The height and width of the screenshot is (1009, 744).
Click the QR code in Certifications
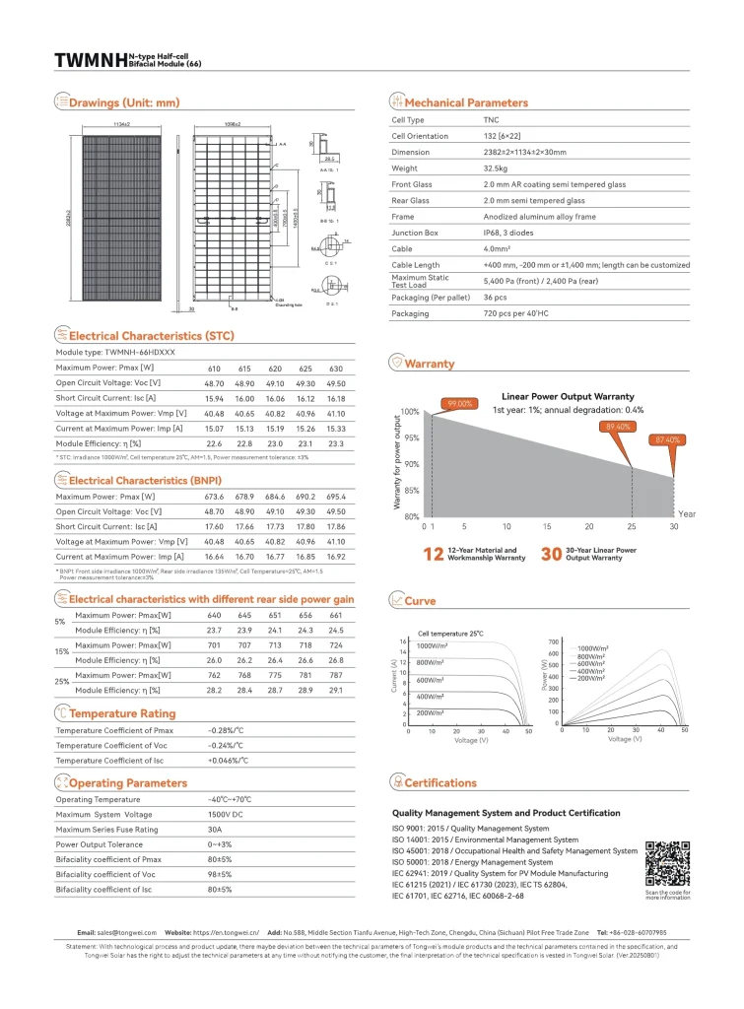click(x=667, y=863)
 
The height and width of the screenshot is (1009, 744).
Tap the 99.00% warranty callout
click(x=461, y=404)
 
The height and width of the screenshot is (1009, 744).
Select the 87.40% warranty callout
click(x=667, y=438)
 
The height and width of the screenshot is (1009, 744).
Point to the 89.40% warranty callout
click(x=618, y=426)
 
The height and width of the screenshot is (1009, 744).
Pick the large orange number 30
click(x=551, y=554)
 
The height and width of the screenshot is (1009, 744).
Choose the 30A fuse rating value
click(x=216, y=829)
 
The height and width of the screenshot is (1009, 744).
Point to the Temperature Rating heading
click(x=122, y=712)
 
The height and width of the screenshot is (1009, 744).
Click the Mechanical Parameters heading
click(x=466, y=102)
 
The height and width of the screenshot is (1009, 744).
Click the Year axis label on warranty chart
click(x=687, y=513)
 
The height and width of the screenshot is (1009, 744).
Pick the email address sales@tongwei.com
click(x=121, y=932)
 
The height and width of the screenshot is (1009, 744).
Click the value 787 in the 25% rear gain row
click(x=336, y=675)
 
